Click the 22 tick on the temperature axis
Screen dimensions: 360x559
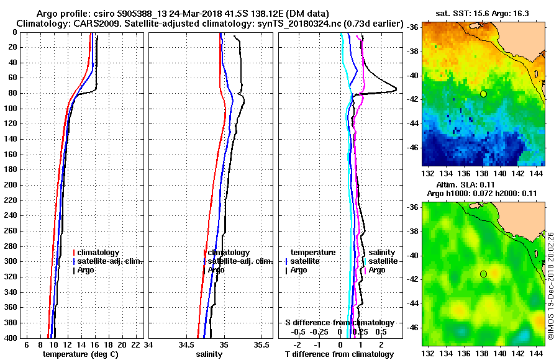134,344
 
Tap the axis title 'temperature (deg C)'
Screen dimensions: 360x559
80,354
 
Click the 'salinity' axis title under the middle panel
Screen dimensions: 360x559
209,354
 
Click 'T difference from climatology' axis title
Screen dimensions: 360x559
339,354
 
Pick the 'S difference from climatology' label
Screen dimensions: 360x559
339,323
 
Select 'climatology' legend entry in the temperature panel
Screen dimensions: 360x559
99,253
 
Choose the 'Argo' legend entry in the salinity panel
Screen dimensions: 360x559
216,270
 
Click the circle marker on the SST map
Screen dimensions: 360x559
483,94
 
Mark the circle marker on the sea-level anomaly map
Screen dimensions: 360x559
483,274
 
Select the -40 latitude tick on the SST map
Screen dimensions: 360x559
412,75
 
